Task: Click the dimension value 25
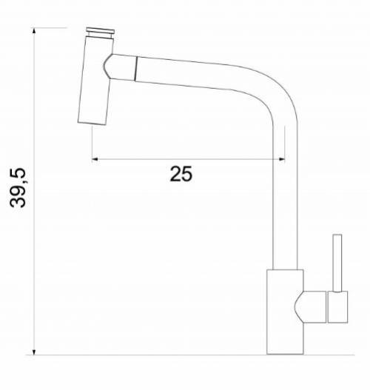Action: point(181,174)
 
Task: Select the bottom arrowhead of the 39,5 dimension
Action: point(36,349)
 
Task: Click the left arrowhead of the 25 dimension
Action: point(95,158)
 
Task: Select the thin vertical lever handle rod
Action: point(336,263)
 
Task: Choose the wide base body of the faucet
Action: point(283,311)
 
